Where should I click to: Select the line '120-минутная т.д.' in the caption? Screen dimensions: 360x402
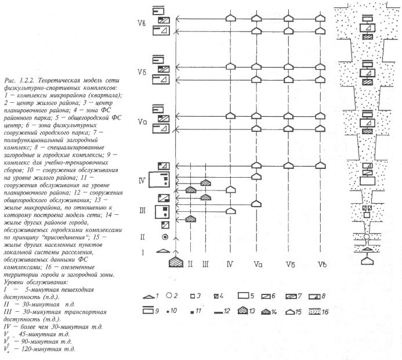[x=49, y=349]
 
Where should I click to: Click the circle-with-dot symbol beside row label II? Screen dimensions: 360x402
[x=165, y=237]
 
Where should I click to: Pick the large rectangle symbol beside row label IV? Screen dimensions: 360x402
[x=162, y=180]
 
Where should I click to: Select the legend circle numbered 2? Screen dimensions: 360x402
[x=166, y=297]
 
